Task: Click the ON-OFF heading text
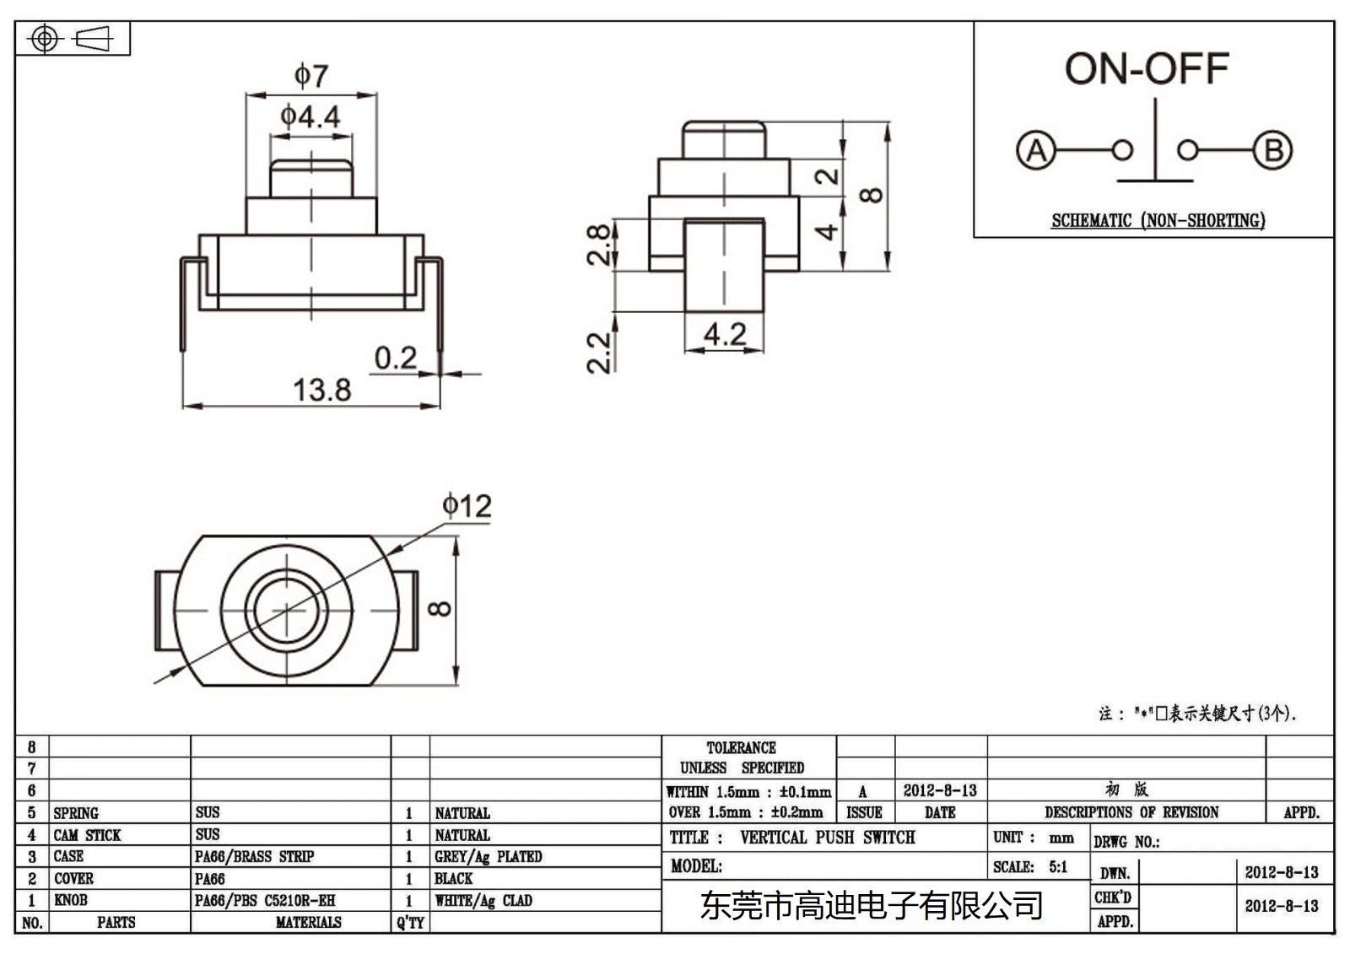coord(1146,69)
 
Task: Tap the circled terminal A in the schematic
coord(1035,151)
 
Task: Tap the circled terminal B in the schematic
coord(1272,151)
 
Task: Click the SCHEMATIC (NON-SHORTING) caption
coord(1158,221)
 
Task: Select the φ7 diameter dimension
coord(310,76)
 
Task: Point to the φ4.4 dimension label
coord(310,116)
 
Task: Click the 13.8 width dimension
coord(321,390)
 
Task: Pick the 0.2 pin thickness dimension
coord(395,358)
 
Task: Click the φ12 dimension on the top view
coord(467,506)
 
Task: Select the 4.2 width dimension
coord(725,334)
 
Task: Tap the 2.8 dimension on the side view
coord(598,245)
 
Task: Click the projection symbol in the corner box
coord(73,39)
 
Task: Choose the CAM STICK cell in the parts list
coord(87,835)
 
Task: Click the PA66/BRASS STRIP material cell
coord(254,857)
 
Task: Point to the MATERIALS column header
coord(308,923)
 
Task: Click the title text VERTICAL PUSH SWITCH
coord(827,838)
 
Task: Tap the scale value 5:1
coord(1058,867)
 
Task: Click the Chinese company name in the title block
coord(872,906)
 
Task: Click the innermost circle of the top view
coord(287,609)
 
